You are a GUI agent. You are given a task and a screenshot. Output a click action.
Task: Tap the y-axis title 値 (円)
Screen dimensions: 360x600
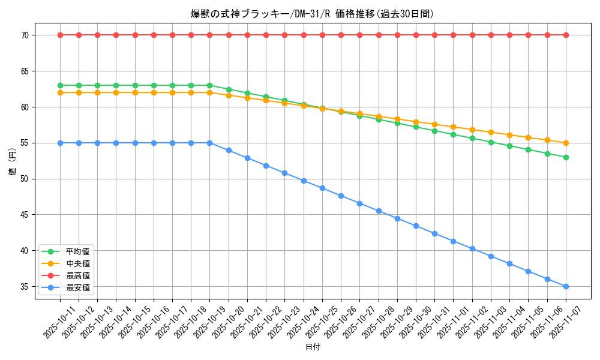(x=13, y=161)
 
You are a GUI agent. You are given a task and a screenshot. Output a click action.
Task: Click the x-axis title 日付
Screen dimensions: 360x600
(x=313, y=347)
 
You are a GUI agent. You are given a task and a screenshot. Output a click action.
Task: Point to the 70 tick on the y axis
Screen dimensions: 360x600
(x=25, y=35)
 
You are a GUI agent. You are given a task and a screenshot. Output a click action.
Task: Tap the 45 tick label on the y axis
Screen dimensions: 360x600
(x=25, y=215)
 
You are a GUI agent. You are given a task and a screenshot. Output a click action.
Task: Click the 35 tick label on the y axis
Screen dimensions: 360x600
(x=25, y=287)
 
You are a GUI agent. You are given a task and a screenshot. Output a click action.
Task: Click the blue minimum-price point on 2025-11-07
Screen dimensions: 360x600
(x=566, y=287)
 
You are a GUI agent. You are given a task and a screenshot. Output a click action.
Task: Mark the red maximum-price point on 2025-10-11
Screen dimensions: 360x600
(x=60, y=35)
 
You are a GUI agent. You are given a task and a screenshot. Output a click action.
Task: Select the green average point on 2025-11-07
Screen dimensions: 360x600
(x=566, y=157)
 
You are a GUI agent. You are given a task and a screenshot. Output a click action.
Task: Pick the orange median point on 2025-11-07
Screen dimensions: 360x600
(x=566, y=143)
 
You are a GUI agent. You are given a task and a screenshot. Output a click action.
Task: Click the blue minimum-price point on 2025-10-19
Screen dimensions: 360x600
(x=209, y=143)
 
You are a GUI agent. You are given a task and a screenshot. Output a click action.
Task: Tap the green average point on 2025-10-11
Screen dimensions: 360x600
(x=60, y=85)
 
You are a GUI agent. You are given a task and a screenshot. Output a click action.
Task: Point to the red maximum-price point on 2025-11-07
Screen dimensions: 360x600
(x=566, y=35)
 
